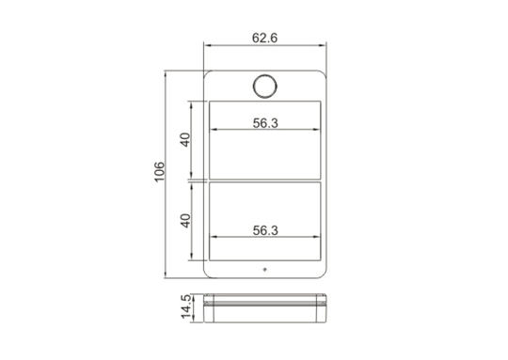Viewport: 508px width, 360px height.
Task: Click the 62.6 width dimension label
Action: pos(264,38)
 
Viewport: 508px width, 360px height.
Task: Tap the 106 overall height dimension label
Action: pos(159,172)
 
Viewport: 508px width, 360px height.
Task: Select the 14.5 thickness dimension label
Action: pos(186,306)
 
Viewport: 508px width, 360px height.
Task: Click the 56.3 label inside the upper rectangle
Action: pos(265,123)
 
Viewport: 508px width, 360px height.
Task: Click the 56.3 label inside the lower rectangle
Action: pos(265,230)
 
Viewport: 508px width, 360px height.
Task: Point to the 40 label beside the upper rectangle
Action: pos(185,140)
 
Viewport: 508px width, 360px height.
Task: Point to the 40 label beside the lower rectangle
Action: pos(185,221)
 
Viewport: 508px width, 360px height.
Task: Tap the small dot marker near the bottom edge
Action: pos(264,270)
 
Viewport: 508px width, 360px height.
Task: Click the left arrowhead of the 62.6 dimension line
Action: pos(207,45)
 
